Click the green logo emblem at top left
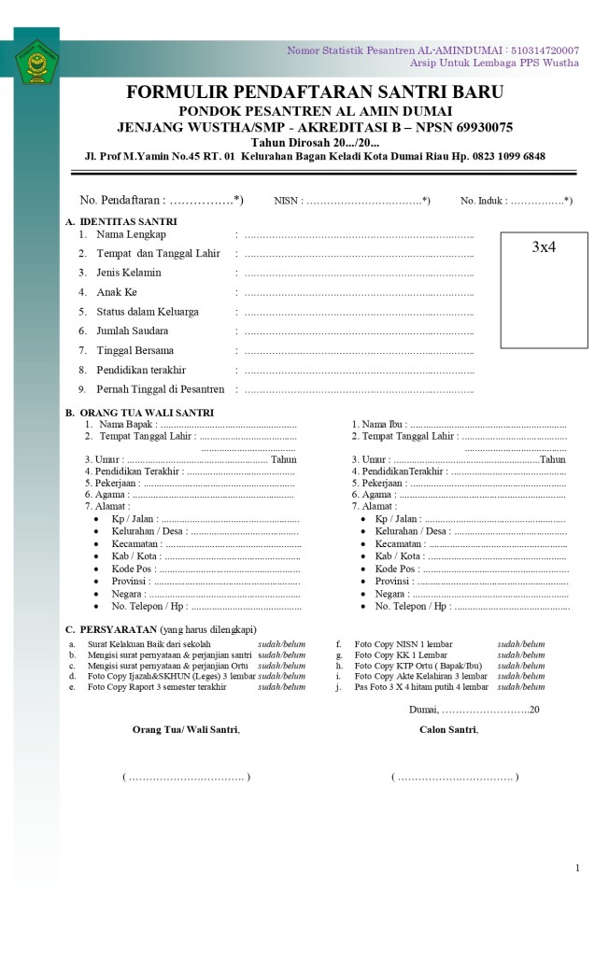point(36,63)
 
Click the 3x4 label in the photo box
point(544,247)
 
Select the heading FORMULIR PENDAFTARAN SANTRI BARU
point(315,91)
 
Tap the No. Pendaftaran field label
point(122,200)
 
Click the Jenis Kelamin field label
point(128,273)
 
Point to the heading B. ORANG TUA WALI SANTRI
point(139,413)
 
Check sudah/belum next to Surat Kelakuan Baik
point(281,644)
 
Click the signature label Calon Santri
point(448,729)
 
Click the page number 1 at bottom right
point(577,868)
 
